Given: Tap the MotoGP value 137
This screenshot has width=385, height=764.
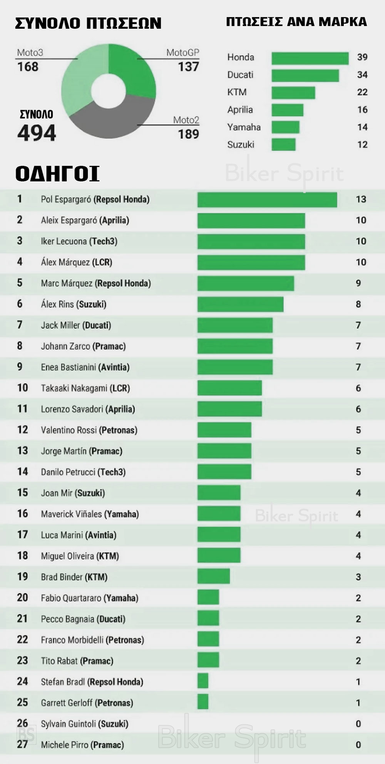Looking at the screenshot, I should coord(188,67).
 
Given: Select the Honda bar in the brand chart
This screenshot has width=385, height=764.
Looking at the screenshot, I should coord(310,58).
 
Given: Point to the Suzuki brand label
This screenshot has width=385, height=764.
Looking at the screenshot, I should coord(241,145).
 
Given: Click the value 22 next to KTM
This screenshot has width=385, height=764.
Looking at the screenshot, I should coord(362,92).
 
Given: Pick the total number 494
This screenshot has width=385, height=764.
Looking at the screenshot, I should coord(37,133).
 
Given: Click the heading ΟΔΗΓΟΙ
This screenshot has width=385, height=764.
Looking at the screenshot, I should coord(57,174).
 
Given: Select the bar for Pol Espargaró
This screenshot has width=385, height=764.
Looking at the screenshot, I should coord(267,200).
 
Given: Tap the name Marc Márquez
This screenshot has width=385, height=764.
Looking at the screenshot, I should coord(67,283).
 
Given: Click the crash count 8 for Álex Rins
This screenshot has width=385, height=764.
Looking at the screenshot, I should coord(358,305).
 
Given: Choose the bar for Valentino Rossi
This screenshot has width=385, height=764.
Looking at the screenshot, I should coord(224,430).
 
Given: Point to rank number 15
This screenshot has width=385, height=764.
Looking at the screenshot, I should coord(22,493).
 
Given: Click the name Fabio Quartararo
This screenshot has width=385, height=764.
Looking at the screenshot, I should coord(71,598).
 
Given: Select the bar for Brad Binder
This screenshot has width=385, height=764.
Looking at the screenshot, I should coord(213,577).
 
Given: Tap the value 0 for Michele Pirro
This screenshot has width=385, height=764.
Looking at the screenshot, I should coord(358,745).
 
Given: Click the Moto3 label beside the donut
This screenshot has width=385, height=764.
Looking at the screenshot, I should coord(30,53).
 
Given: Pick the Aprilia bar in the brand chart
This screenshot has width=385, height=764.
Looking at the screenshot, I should coord(287,110).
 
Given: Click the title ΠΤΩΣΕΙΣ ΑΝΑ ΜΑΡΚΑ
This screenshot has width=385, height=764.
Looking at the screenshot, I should coord(296,22).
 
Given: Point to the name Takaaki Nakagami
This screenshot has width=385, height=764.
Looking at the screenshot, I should coord(74,388).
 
